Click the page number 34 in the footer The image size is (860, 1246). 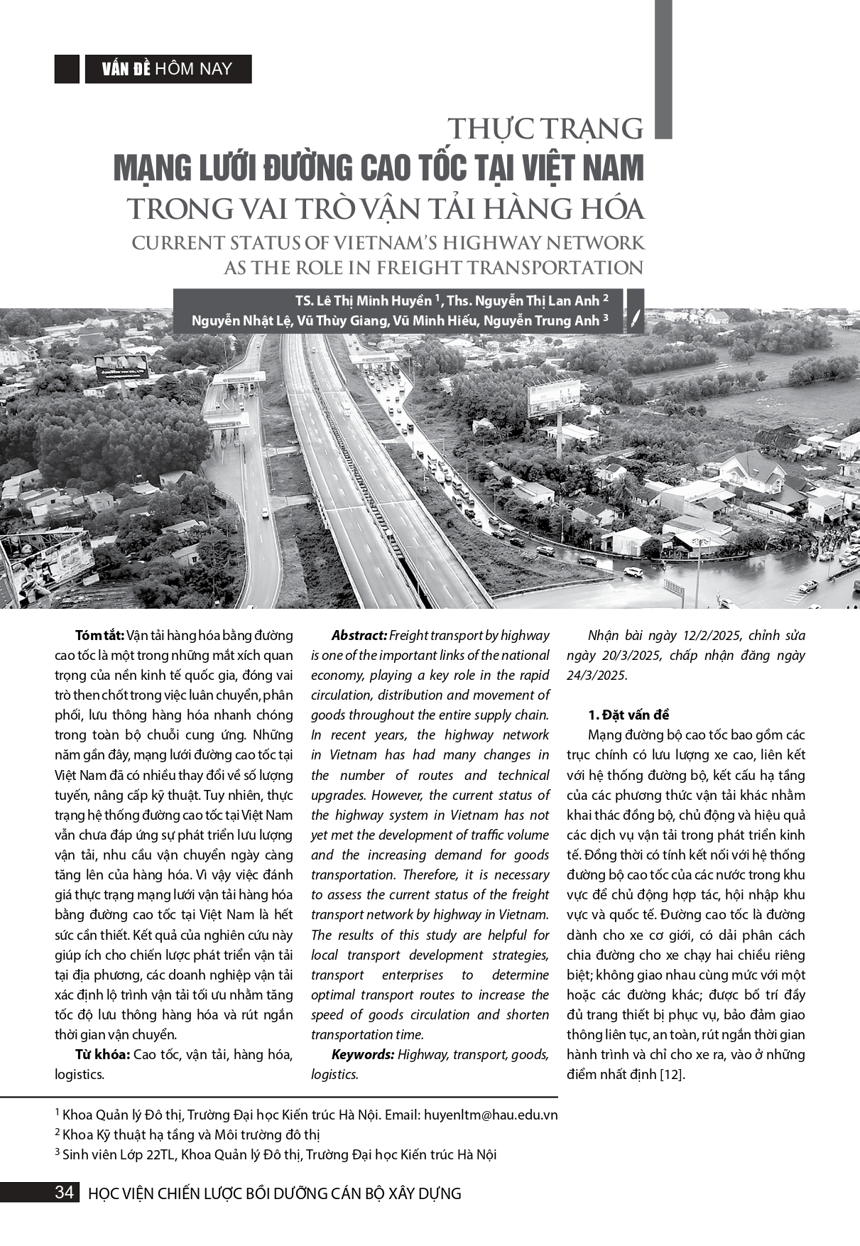tap(64, 1192)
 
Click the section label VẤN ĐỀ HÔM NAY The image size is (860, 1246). tap(168, 69)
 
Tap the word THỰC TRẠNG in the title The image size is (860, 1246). tap(545, 129)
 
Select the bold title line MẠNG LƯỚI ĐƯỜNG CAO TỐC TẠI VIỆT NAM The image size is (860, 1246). tap(379, 168)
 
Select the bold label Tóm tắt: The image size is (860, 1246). tap(99, 635)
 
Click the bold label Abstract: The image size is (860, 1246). tap(359, 635)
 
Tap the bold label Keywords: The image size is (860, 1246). tap(362, 1054)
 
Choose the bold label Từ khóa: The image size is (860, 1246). tap(102, 1054)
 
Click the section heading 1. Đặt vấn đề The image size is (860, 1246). tap(628, 715)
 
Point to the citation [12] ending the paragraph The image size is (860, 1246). tap(672, 1074)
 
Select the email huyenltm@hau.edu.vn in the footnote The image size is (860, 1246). tap(491, 1115)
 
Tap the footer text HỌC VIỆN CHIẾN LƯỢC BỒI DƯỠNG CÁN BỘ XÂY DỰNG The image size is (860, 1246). tap(274, 1193)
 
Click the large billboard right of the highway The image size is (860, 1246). tap(554, 398)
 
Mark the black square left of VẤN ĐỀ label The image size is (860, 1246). tap(67, 69)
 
